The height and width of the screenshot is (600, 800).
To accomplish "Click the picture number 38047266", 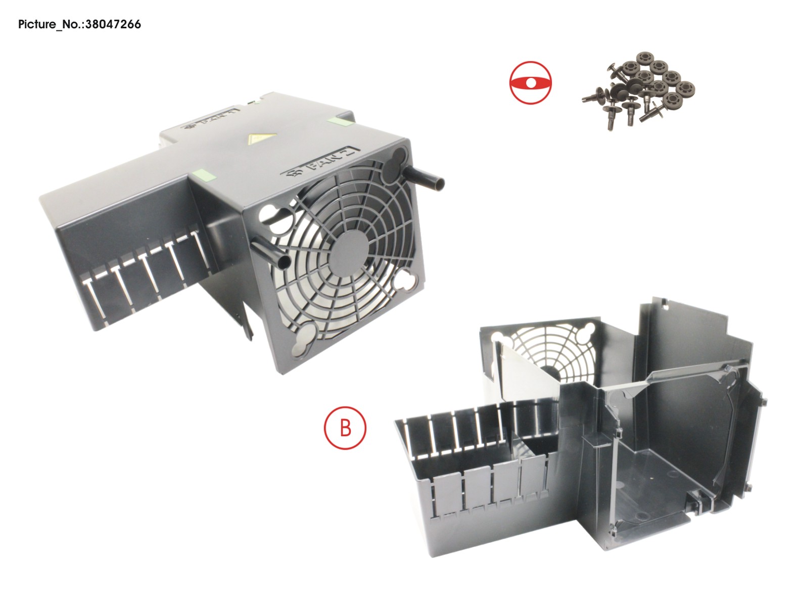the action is pos(113,24).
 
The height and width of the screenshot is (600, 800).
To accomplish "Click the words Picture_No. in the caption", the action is pos(51,25).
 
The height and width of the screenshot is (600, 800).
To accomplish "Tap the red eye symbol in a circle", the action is pos(530,83).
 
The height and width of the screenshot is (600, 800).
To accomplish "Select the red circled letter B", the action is pos(345,428).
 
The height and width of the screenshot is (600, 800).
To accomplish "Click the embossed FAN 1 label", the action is pos(211,120).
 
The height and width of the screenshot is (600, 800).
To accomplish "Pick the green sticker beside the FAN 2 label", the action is pos(204,175).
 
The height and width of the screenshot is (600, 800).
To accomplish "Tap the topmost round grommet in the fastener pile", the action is pos(644,58).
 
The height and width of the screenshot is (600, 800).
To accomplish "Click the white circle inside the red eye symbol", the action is pos(531,83).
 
